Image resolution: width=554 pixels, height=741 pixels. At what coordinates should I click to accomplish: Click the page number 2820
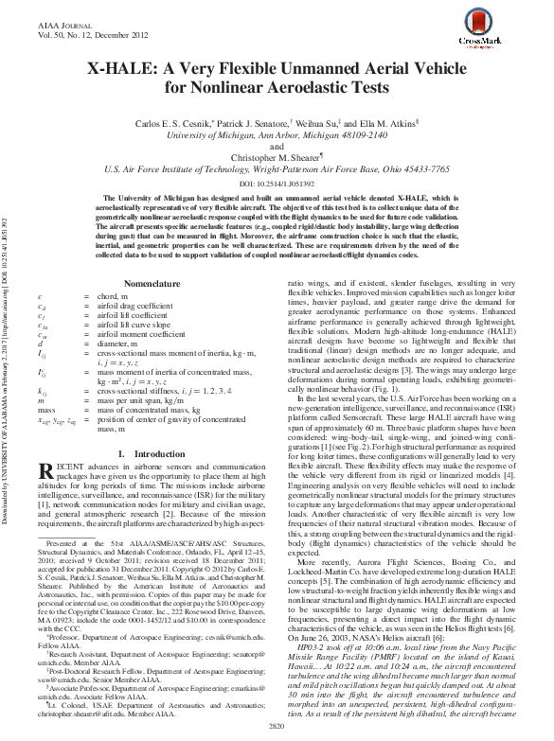[277, 728]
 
